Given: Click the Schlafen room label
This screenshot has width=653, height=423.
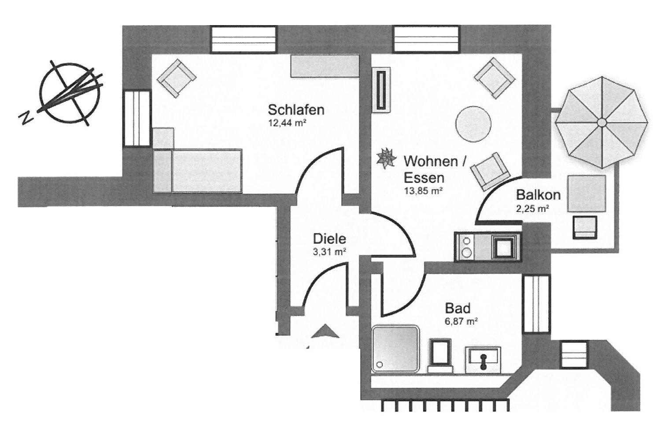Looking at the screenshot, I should tap(296, 109).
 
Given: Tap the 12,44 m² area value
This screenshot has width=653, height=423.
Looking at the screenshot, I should tap(287, 123).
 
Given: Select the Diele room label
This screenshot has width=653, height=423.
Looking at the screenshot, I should tap(329, 239).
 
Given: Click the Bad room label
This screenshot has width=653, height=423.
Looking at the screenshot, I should tap(457, 308).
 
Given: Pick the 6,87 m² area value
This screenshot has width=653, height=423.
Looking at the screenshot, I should tap(461, 322).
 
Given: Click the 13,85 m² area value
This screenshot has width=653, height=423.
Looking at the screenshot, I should tap(423, 191).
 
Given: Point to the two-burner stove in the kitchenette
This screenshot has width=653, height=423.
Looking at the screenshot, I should tap(466, 247).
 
